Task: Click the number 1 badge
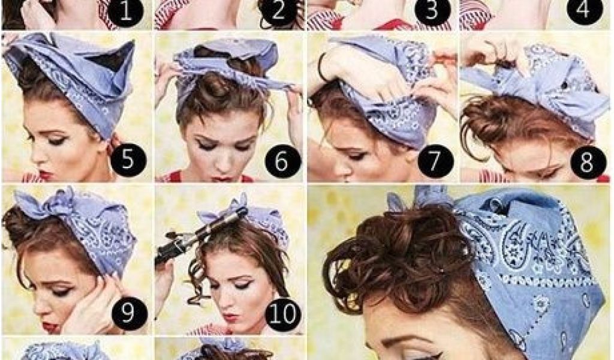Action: click(125, 11)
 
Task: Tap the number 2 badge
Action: click(278, 10)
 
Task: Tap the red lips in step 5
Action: click(44, 175)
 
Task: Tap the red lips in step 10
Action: click(231, 317)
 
